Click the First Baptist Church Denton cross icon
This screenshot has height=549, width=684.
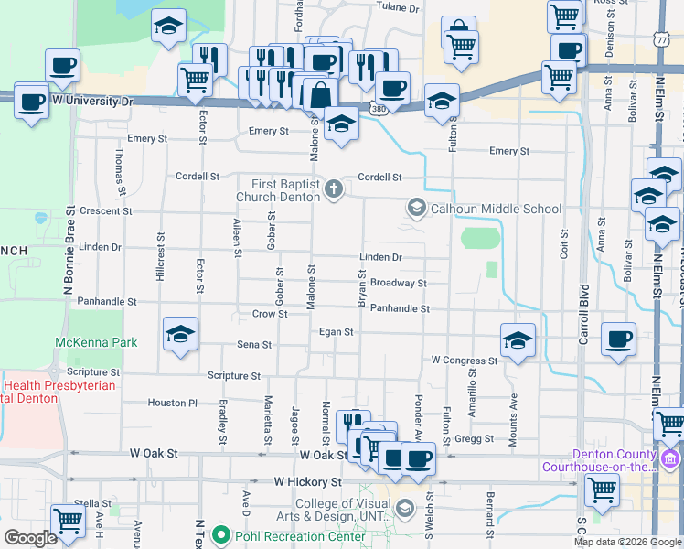coord(335,189)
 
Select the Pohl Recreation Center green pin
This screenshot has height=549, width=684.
coord(219,533)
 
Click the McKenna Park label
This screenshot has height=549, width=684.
coord(96,342)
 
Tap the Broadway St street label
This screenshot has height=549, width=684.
coord(398,284)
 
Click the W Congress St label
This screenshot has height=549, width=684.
coord(464,361)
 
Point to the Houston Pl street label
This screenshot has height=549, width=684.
coord(173,403)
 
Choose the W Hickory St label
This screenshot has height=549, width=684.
coord(307,480)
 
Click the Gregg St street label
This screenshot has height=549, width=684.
coord(474,439)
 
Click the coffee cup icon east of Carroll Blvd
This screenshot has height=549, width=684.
coord(618,340)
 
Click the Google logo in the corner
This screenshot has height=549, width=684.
coord(31,538)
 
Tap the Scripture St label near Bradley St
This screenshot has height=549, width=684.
coord(234,375)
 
